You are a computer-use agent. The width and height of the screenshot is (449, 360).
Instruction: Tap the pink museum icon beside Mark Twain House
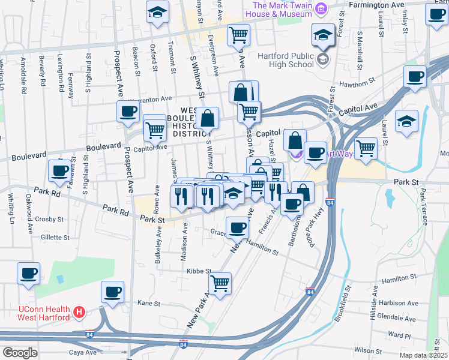click(321, 9)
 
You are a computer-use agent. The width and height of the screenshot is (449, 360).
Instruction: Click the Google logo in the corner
click(20, 353)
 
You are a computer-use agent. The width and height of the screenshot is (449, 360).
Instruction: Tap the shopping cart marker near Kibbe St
click(220, 283)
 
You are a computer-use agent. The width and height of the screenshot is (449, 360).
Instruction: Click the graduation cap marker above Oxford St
click(157, 12)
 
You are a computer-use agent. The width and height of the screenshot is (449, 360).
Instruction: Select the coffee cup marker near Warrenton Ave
click(128, 111)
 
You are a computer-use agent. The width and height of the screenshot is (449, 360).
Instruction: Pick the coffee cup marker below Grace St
click(238, 228)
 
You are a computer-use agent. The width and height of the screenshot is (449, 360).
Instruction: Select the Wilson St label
click(369, 350)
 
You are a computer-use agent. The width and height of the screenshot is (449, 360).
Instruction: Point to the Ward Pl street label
click(399, 335)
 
